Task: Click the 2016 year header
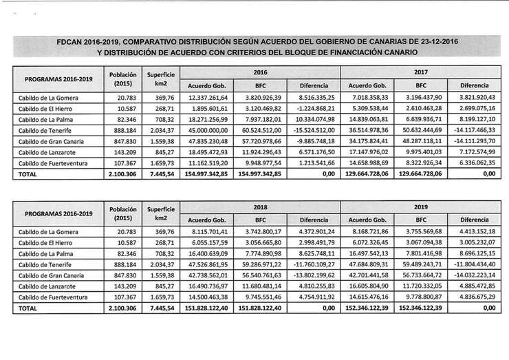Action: (x=260, y=72)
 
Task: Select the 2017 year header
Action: (x=421, y=72)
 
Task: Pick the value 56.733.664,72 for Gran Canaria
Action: (x=421, y=275)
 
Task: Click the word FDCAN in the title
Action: (x=72, y=42)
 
